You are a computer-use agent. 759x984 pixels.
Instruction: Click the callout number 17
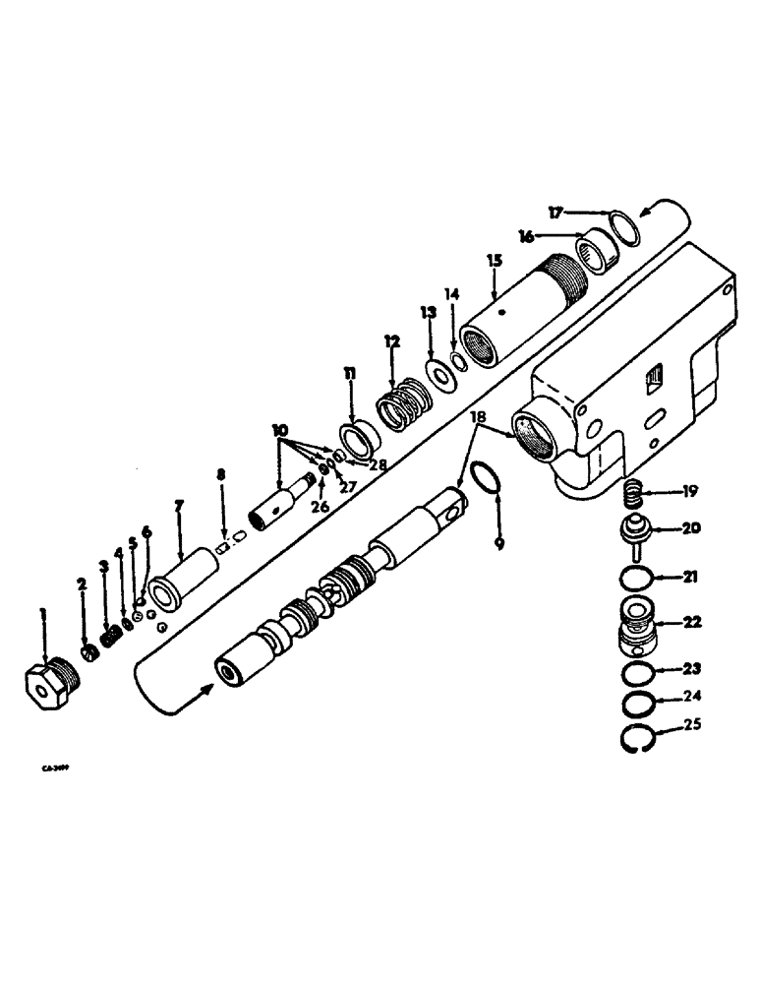(555, 212)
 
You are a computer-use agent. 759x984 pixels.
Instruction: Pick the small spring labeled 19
(635, 489)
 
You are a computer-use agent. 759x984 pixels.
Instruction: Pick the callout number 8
(221, 475)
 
